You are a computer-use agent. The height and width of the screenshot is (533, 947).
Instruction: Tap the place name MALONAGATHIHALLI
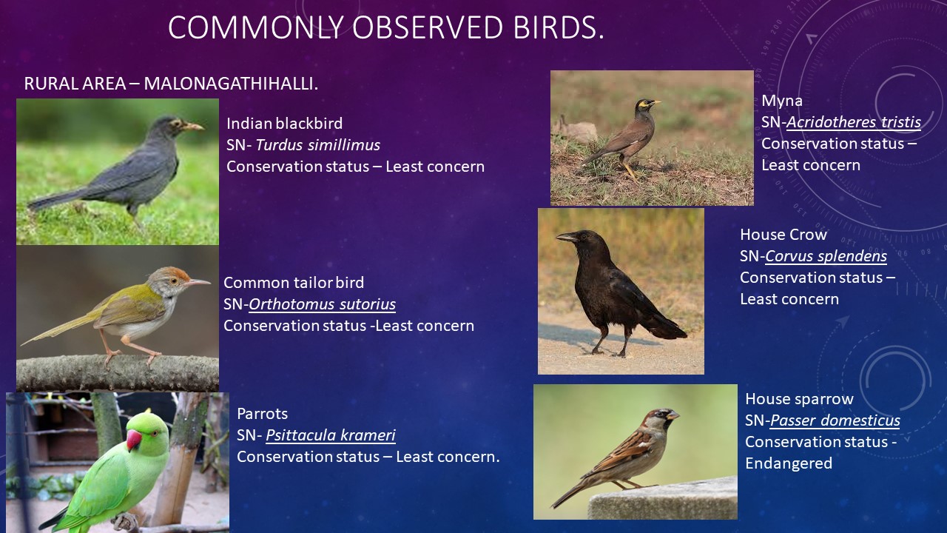231,84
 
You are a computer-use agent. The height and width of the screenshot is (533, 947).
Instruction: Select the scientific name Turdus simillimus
318,145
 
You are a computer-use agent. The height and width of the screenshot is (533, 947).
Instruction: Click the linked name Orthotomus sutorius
322,304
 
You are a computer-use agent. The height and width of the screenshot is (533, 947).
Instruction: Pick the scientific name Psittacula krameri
331,435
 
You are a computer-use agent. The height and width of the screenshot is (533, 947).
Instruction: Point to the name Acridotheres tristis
854,122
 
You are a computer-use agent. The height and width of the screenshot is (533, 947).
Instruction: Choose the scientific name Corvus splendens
826,256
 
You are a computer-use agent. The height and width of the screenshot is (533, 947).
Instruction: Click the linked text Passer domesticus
835,420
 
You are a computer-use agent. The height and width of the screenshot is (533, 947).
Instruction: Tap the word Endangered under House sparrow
789,463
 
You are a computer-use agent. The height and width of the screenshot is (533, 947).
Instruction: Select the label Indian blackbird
285,124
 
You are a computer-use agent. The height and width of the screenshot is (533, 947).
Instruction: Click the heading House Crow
783,235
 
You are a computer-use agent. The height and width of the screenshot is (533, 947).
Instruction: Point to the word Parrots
262,414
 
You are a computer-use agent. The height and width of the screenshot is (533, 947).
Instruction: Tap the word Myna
782,101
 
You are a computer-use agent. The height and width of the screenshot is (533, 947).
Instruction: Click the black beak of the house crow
567,238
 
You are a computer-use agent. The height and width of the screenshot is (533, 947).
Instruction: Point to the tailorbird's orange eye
172,280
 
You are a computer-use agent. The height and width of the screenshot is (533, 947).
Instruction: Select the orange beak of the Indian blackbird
193,126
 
